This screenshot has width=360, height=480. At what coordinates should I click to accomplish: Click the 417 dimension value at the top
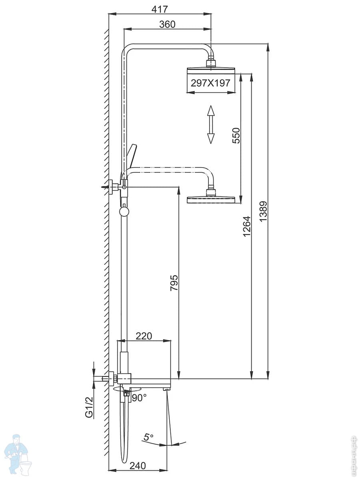[x=160, y=9]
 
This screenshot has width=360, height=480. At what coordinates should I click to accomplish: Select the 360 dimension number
[x=167, y=24]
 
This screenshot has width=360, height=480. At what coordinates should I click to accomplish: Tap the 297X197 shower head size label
[x=210, y=83]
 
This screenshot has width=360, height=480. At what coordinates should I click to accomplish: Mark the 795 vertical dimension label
[x=174, y=283]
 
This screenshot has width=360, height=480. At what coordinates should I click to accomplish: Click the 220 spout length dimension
[x=144, y=336]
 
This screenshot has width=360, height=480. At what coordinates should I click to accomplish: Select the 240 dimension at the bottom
[x=137, y=466]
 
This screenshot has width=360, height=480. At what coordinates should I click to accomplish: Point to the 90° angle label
[x=139, y=398]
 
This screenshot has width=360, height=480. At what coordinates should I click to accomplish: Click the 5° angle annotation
[x=149, y=438]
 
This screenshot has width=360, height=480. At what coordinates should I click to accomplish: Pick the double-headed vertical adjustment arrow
[x=211, y=124]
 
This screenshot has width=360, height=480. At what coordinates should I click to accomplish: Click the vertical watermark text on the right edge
[x=352, y=454]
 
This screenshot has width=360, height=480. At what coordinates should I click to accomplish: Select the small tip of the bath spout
[x=166, y=389]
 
